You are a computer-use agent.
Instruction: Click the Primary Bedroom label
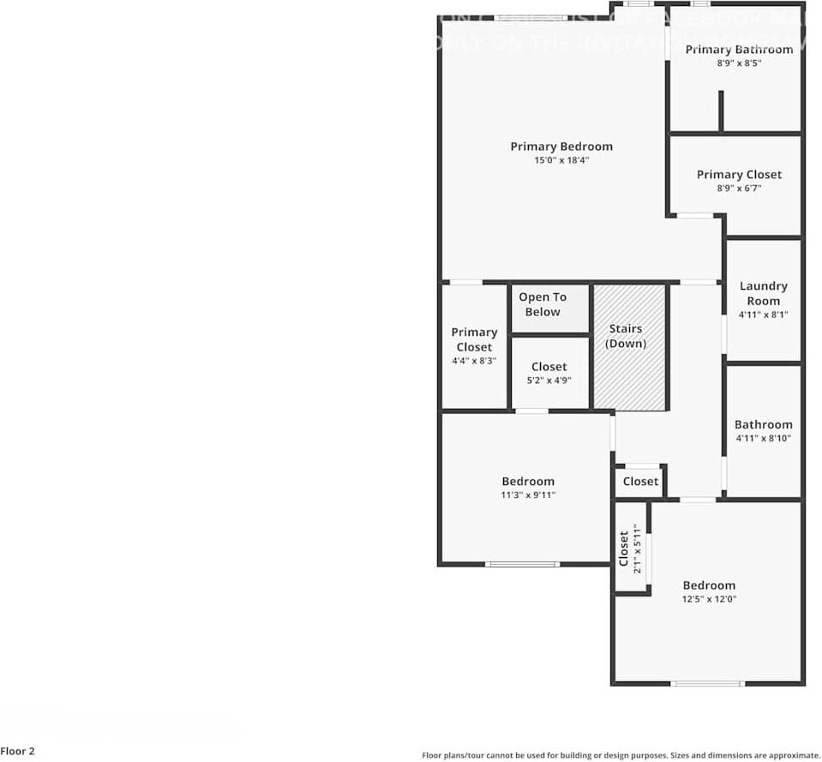(561, 147)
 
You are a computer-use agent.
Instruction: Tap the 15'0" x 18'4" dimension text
(561, 160)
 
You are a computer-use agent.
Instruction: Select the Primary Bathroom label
(739, 50)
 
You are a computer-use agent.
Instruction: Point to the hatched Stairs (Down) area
(630, 347)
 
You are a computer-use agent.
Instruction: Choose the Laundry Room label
(763, 293)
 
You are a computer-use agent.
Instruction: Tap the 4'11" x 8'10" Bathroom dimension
(763, 439)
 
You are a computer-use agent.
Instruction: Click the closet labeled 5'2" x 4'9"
(549, 374)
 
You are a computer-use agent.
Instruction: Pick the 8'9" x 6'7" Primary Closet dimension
(739, 189)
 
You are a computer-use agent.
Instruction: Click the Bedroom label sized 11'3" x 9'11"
(528, 482)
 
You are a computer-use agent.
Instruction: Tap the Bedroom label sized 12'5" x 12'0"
(709, 586)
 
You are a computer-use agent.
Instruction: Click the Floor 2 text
(18, 752)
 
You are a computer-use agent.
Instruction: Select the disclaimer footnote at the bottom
(621, 755)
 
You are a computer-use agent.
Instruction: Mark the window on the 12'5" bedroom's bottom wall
(707, 683)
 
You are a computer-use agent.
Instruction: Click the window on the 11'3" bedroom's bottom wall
(522, 564)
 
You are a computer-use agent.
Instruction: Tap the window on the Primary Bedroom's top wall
(531, 17)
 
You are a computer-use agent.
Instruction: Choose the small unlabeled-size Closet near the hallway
(640, 482)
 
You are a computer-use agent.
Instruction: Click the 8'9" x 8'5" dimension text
(739, 63)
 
